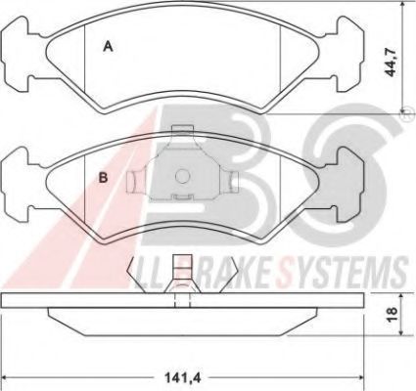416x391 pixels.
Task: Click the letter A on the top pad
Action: point(108,47)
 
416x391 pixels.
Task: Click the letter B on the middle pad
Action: point(104,178)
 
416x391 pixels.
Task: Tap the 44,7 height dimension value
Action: point(391,62)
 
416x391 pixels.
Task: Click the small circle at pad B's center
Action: point(182,176)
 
